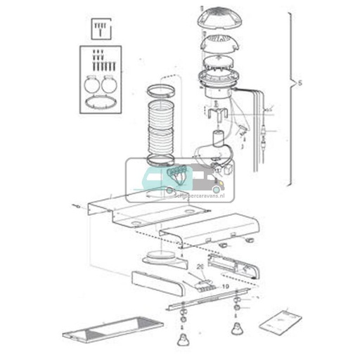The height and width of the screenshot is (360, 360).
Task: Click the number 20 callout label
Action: click(x=200, y=267)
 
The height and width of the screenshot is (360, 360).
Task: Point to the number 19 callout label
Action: click(x=226, y=286)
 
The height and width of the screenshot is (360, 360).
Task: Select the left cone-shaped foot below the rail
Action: click(x=184, y=340)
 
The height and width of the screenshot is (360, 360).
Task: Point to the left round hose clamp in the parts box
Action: click(x=92, y=83)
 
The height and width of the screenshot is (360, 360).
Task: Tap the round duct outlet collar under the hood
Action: click(x=163, y=255)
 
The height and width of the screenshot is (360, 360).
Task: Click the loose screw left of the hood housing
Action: click(x=75, y=206)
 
